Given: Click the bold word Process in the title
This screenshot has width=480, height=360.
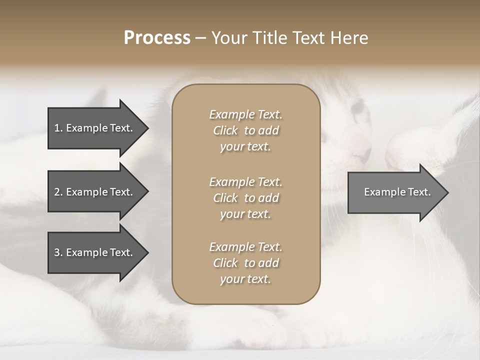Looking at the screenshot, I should point(157,37).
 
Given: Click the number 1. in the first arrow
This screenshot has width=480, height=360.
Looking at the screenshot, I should point(58,128).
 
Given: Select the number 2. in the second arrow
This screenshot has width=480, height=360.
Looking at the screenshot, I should point(58,192).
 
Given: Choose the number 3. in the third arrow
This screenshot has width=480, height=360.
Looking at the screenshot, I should point(58,252).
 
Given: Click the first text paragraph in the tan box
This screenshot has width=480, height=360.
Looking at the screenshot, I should point(245,130).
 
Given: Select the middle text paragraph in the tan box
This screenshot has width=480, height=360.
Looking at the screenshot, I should point(245,198).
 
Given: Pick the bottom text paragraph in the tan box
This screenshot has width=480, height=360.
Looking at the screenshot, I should point(245,263).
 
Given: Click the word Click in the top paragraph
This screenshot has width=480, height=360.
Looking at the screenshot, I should point(225,130).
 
